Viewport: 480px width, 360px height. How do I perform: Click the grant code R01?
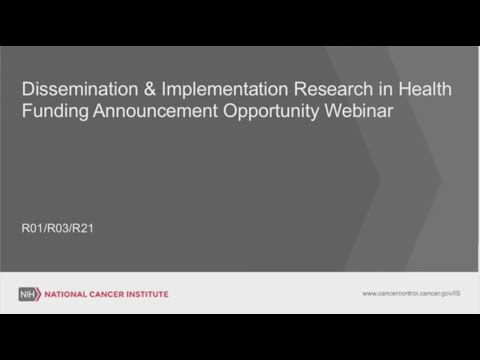point(33,229)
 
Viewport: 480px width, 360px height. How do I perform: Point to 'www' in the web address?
point(370,294)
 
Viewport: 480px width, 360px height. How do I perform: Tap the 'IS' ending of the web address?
point(455,294)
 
